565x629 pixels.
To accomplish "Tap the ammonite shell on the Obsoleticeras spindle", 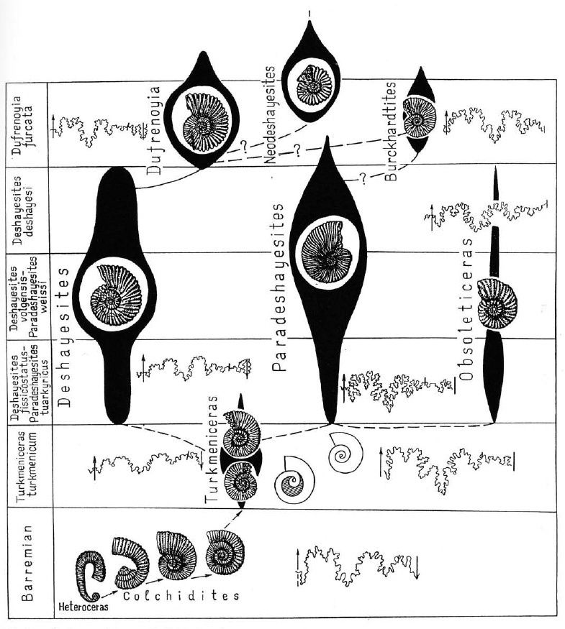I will (x=497, y=303).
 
